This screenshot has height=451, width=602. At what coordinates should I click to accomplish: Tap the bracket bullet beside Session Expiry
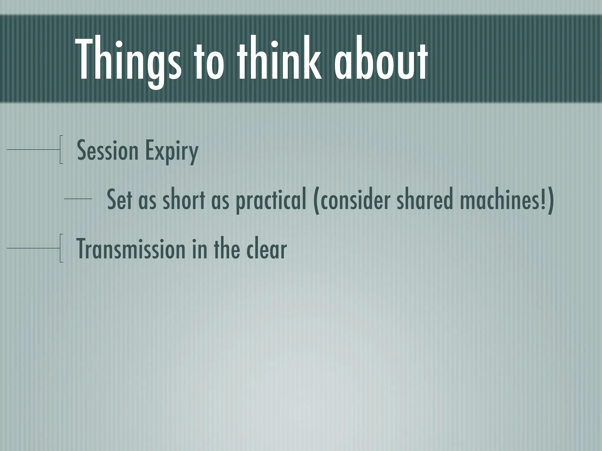coord(61,149)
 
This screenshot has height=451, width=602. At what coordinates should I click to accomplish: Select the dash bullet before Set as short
coord(78,199)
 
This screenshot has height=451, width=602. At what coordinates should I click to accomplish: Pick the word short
coord(184,200)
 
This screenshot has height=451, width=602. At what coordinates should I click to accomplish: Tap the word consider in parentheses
coord(356,200)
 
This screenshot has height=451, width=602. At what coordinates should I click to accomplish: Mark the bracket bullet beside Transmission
coord(61,248)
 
